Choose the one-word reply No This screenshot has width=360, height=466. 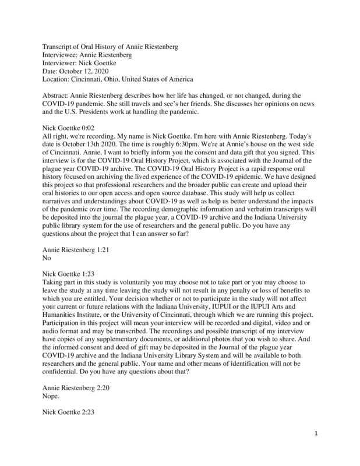(48, 257)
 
